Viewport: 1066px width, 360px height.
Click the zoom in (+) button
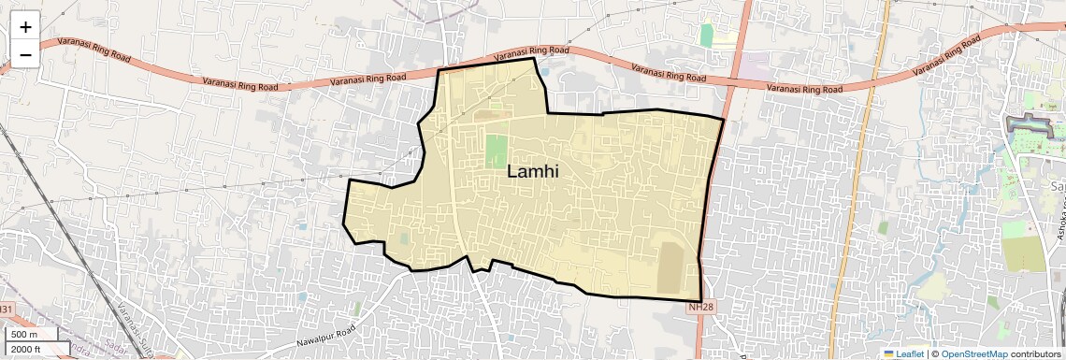click(25, 27)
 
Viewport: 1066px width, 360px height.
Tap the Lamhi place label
click(533, 171)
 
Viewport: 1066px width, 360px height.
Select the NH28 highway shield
click(700, 307)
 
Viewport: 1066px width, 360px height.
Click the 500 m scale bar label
click(24, 335)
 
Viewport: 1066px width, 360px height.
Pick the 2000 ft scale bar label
click(27, 349)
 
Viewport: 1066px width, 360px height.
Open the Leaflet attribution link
click(904, 353)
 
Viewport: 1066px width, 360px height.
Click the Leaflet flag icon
click(888, 353)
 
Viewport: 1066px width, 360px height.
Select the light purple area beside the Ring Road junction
click(755, 67)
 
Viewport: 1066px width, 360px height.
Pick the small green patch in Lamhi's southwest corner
click(404, 238)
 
